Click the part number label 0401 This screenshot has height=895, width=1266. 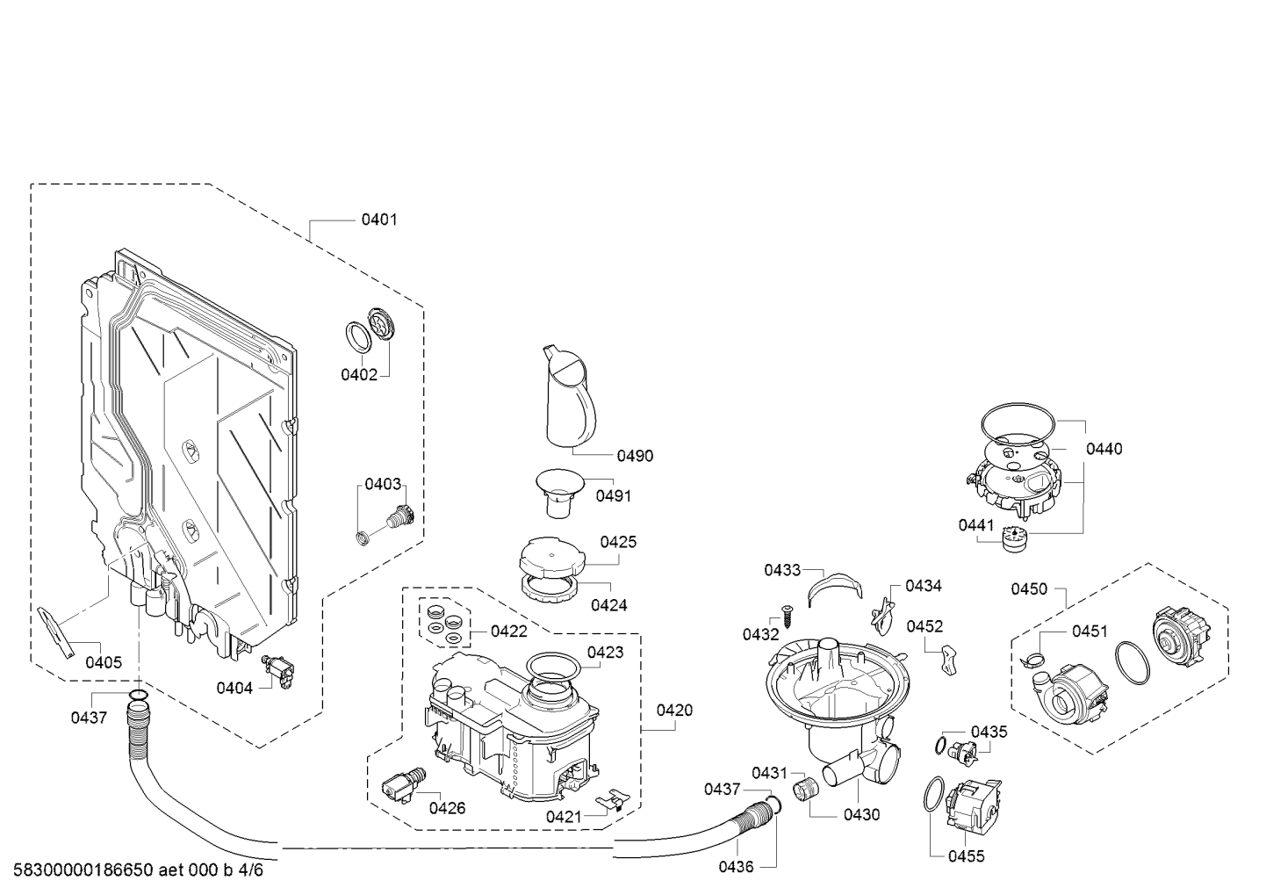pos(379,220)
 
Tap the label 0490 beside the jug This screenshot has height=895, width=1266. pos(635,456)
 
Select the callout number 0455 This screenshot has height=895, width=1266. pos(966,856)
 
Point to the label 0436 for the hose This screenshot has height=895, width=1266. pos(736,867)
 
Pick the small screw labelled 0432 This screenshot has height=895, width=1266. pos(786,615)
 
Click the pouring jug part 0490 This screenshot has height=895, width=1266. pos(570,396)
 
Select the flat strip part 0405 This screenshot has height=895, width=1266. pos(56,632)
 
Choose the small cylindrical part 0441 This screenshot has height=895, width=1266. pos(1014,538)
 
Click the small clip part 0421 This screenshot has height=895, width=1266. pos(613,800)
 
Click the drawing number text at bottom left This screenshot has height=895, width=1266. pos(138,870)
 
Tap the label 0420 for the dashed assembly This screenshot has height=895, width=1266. pos(674,711)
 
